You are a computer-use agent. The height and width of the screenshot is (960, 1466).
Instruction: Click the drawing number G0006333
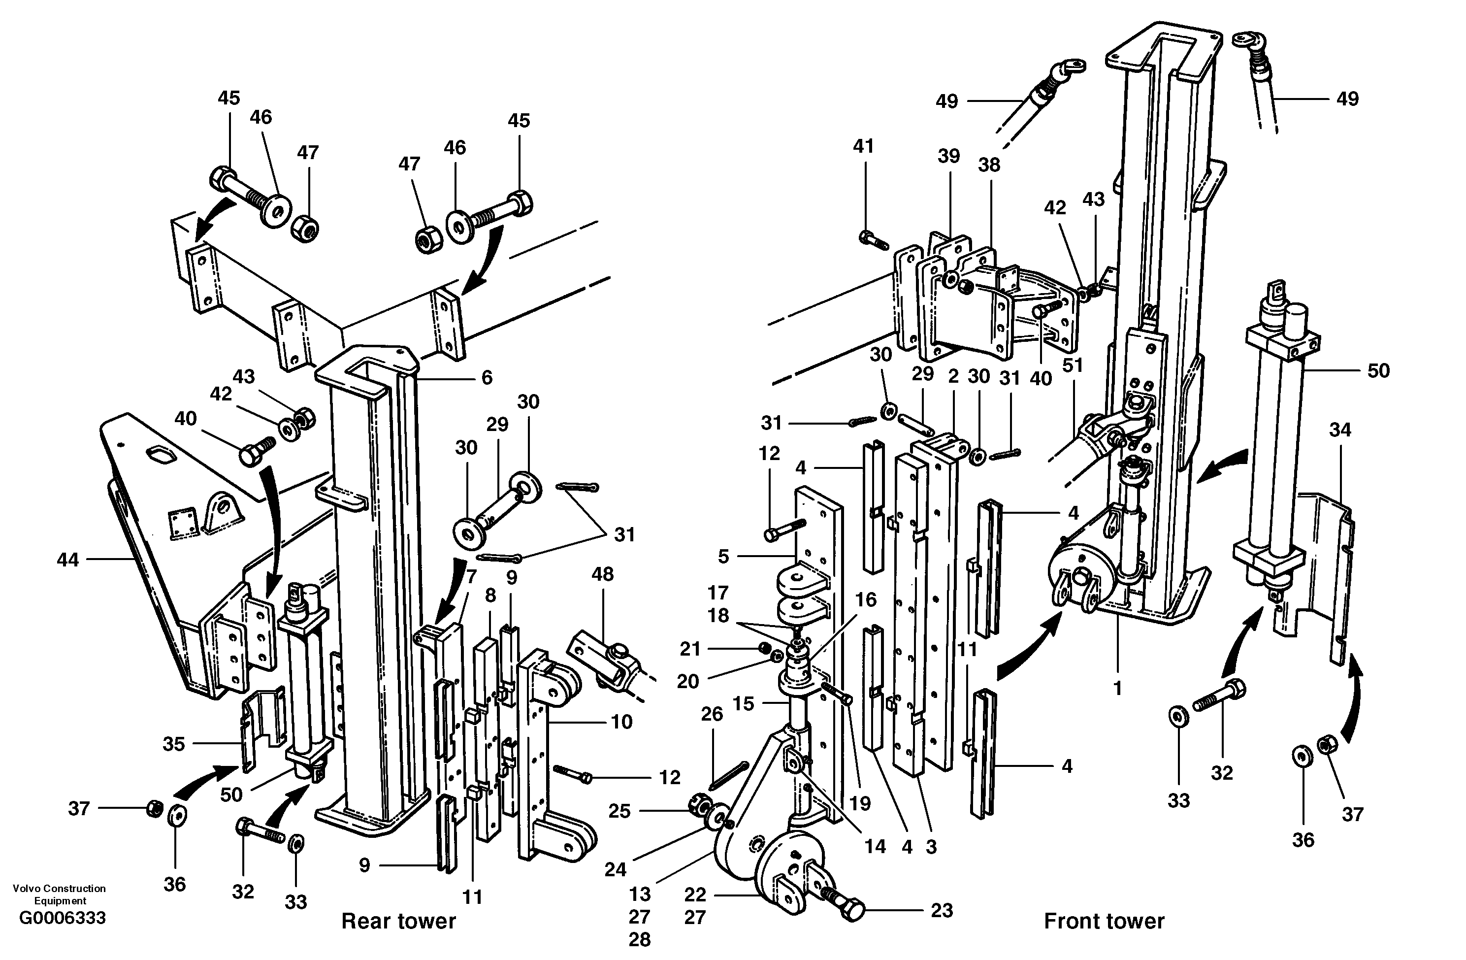tap(62, 918)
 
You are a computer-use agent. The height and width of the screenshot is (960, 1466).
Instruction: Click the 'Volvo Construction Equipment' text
tap(59, 894)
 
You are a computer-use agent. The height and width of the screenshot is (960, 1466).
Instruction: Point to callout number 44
tap(68, 560)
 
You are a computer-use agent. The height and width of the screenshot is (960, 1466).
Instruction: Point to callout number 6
tap(487, 377)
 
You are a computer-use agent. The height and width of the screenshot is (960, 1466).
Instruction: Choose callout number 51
tap(1073, 365)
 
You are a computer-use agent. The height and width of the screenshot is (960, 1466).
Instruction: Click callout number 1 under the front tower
tap(1118, 688)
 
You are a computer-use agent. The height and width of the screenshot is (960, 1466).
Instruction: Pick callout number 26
tap(712, 714)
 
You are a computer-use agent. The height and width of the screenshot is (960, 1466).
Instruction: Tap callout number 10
tap(621, 722)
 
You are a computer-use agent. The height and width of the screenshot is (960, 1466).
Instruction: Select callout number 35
tap(174, 744)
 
